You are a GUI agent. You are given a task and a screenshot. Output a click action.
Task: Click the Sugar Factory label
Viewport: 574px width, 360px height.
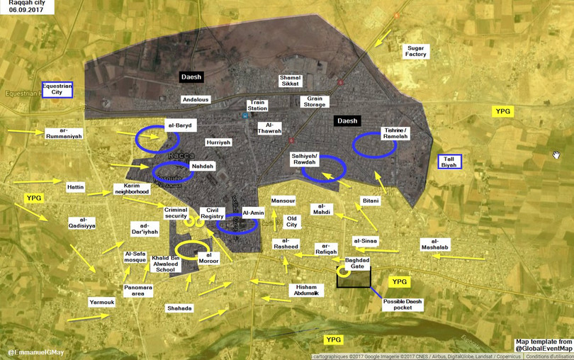click(x=416, y=50)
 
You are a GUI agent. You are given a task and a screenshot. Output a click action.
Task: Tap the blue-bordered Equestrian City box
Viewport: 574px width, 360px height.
click(x=57, y=89)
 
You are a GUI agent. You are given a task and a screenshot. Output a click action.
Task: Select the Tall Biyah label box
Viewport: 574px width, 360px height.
click(x=449, y=162)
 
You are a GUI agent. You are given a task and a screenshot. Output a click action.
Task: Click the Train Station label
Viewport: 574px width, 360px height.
click(x=257, y=106)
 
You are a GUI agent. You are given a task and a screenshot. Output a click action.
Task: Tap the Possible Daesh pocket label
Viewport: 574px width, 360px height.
click(x=403, y=305)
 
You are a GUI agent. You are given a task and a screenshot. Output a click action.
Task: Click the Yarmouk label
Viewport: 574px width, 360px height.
click(x=102, y=303)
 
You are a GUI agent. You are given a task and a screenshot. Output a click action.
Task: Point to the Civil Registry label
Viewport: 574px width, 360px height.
click(x=212, y=213)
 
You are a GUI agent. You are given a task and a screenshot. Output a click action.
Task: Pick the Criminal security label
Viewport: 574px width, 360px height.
click(x=176, y=213)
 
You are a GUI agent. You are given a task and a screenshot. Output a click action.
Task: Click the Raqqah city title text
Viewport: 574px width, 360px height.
click(x=26, y=4)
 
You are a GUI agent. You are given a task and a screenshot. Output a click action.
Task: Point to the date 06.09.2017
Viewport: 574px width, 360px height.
click(x=23, y=13)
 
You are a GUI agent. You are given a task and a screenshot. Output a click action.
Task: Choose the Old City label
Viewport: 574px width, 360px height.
click(x=291, y=221)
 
